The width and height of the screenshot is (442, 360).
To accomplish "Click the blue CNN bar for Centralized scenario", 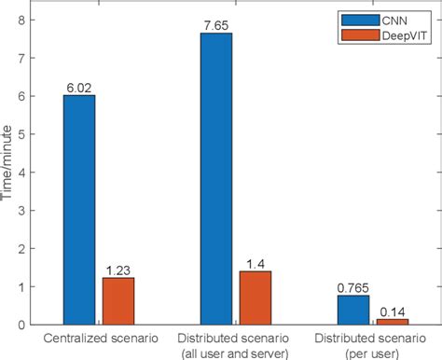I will click(x=79, y=209).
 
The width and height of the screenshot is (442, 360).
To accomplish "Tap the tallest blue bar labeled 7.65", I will click(x=216, y=178).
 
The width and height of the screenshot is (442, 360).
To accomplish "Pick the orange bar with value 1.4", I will click(x=255, y=297).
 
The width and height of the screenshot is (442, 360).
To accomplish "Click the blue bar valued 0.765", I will click(x=352, y=310).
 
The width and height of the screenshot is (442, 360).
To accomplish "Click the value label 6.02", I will click(x=79, y=88).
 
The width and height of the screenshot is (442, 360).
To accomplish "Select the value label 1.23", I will click(x=117, y=270).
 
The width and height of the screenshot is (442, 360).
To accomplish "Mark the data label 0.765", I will click(x=352, y=287).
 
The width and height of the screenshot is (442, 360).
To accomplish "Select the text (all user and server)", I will click(x=235, y=351).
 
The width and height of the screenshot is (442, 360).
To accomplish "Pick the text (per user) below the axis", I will click(x=372, y=351).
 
